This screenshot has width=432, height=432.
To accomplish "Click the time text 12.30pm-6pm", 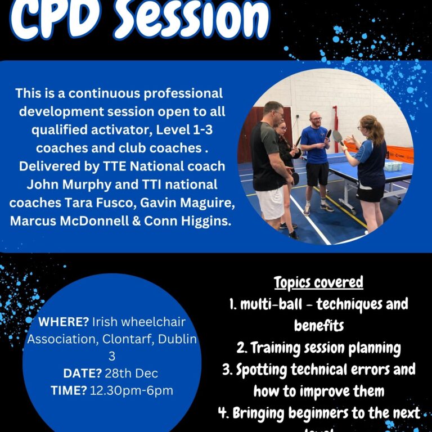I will [x=131, y=390].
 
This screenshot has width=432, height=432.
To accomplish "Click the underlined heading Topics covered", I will [x=318, y=282].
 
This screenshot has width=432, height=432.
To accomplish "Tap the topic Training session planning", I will [x=326, y=348].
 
